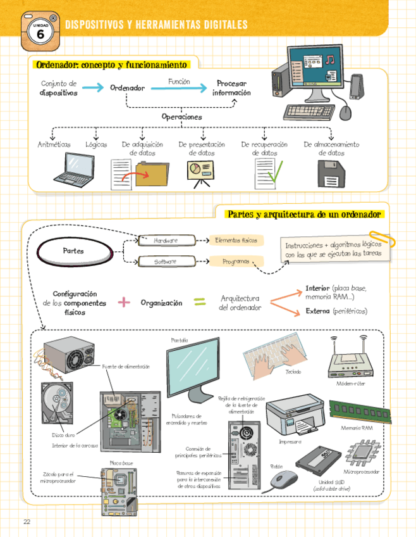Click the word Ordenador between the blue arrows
[127, 88]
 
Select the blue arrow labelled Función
[179, 89]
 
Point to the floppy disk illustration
[330, 173]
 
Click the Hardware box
[166, 241]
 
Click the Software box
[166, 262]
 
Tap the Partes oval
[73, 251]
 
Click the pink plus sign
[124, 303]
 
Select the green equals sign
[200, 303]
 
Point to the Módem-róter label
[351, 384]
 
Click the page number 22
[27, 521]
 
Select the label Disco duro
[63, 435]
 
